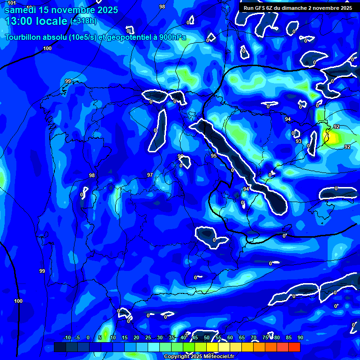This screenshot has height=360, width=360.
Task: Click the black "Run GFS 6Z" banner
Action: pos(297,8)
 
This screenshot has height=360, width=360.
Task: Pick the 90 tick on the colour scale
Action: pos(300,338)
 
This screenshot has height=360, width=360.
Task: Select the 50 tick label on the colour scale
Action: pos(207,338)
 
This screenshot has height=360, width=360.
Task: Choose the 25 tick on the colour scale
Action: pos(148,338)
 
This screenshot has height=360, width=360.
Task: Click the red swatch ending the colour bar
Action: pos(294,347)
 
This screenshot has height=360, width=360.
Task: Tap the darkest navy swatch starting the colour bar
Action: pos(60,347)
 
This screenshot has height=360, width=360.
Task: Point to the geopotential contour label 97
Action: pos(150,175)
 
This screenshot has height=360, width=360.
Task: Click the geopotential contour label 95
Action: pos(213,156)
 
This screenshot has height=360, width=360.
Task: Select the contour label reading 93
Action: pos(299,141)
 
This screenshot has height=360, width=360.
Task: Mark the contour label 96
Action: pos(180,156)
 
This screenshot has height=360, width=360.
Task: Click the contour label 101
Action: pos(12,3)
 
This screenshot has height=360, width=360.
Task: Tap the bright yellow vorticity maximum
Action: pos(334,138)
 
